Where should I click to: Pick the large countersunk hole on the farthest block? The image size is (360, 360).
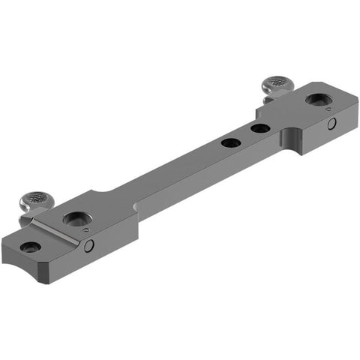click(x=314, y=99)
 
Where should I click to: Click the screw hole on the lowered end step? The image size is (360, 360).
click(x=29, y=247)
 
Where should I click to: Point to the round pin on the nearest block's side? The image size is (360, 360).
click(x=88, y=246)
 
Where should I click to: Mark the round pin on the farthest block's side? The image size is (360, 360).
click(x=330, y=124)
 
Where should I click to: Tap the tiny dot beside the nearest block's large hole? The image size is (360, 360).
click(x=88, y=229)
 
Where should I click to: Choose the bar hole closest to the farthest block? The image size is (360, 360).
click(x=259, y=129)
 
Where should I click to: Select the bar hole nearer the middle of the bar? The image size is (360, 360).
click(x=231, y=142)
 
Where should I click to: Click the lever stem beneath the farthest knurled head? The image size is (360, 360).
click(x=268, y=96)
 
